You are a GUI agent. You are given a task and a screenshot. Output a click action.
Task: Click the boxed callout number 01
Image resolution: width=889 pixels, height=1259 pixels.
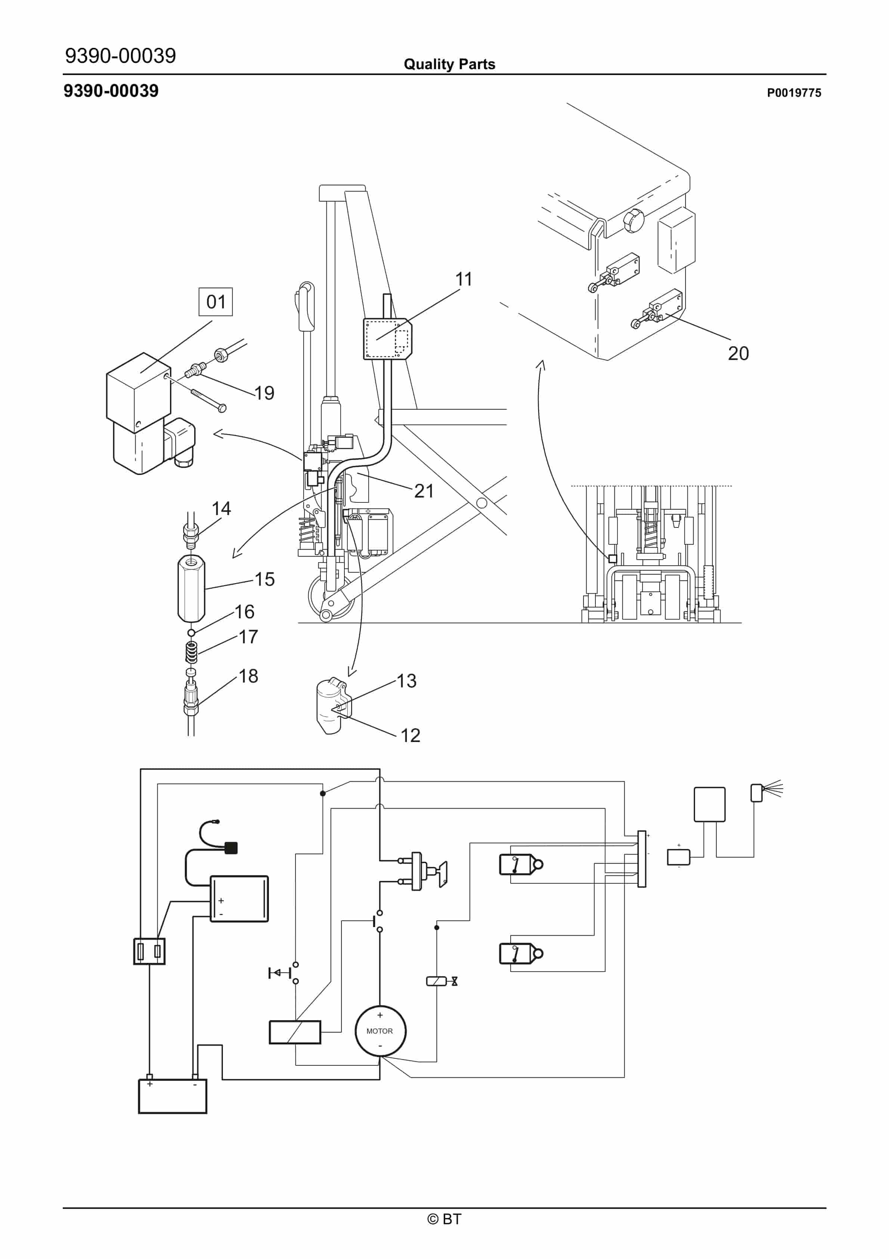tap(216, 302)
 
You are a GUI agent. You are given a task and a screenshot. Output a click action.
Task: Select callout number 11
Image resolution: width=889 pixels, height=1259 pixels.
tap(464, 279)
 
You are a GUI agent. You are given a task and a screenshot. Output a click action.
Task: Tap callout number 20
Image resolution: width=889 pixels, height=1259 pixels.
tap(738, 353)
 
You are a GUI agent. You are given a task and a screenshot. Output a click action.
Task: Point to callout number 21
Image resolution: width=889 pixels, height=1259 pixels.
tap(424, 491)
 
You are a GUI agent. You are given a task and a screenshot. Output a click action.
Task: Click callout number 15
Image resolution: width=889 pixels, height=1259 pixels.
tap(265, 579)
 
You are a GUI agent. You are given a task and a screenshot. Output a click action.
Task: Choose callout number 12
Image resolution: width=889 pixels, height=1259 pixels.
tap(411, 735)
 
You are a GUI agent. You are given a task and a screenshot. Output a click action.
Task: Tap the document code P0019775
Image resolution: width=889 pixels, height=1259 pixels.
tap(794, 93)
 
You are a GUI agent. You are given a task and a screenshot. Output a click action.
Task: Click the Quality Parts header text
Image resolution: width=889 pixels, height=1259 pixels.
tap(449, 64)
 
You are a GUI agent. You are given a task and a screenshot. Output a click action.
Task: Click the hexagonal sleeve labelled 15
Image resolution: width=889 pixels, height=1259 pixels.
tap(191, 589)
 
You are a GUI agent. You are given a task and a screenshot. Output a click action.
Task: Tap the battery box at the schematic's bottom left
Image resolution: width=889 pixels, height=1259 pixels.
tap(173, 1096)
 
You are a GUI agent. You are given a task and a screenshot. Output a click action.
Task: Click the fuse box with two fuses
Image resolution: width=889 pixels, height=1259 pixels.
tap(150, 951)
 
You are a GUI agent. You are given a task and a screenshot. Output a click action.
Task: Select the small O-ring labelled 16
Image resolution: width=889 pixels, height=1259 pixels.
tap(191, 633)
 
